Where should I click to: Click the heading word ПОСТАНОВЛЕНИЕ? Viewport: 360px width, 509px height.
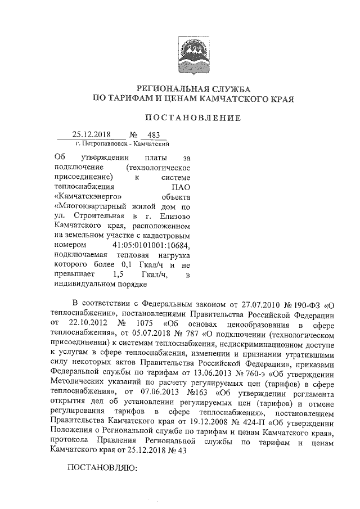[x=193, y=118]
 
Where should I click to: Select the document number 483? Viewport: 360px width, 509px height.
[x=152, y=135]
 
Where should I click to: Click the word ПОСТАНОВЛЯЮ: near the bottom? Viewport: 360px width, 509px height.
[x=102, y=468]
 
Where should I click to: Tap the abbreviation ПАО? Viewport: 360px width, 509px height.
[x=181, y=187]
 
